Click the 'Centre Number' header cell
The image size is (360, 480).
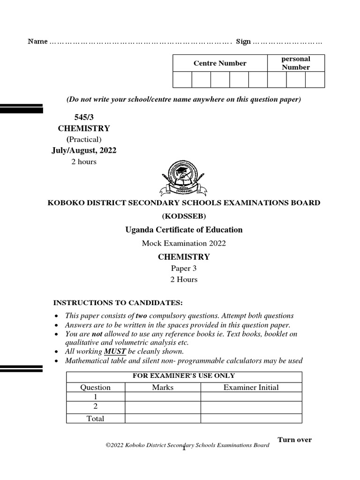coord(220,63)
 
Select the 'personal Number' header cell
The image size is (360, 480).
coord(295,63)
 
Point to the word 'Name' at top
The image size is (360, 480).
coord(37,42)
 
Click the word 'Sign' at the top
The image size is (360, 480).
coord(243,42)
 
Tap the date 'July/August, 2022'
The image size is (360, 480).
coord(84,150)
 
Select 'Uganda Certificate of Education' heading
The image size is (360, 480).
coord(184,230)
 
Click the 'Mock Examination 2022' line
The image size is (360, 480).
coord(184,243)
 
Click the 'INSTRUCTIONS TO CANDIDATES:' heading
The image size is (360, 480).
coord(118,302)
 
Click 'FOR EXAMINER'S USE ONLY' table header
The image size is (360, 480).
coord(184,376)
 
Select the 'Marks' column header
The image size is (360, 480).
coord(163,387)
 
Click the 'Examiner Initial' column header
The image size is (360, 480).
coord(251,387)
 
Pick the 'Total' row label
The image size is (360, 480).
coord(96,419)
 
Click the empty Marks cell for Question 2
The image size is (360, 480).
coord(163,407)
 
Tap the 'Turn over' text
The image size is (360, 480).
coord(294,440)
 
